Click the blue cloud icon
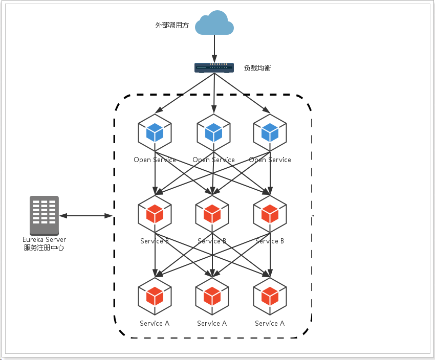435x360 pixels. click(x=214, y=24)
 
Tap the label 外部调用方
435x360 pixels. click(x=172, y=25)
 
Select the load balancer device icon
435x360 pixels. click(x=214, y=67)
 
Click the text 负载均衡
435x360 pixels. click(x=257, y=67)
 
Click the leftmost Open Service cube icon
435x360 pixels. click(x=155, y=132)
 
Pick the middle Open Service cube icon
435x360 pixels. click(x=213, y=132)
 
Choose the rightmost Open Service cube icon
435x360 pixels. click(x=270, y=132)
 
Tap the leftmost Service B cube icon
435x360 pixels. click(x=155, y=213)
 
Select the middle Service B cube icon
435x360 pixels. click(x=212, y=213)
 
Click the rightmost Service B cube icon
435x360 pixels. click(x=270, y=213)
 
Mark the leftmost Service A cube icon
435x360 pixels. click(x=155, y=296)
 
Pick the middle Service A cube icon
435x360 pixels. click(x=212, y=296)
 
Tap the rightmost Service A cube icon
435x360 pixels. click(x=270, y=296)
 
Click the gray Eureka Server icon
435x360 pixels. click(x=44, y=215)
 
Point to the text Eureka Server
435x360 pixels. click(x=44, y=239)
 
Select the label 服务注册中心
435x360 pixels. click(x=44, y=248)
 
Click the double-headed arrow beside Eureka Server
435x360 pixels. click(x=85, y=216)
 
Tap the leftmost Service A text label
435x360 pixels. click(x=155, y=323)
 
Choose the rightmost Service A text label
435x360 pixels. click(x=270, y=323)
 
